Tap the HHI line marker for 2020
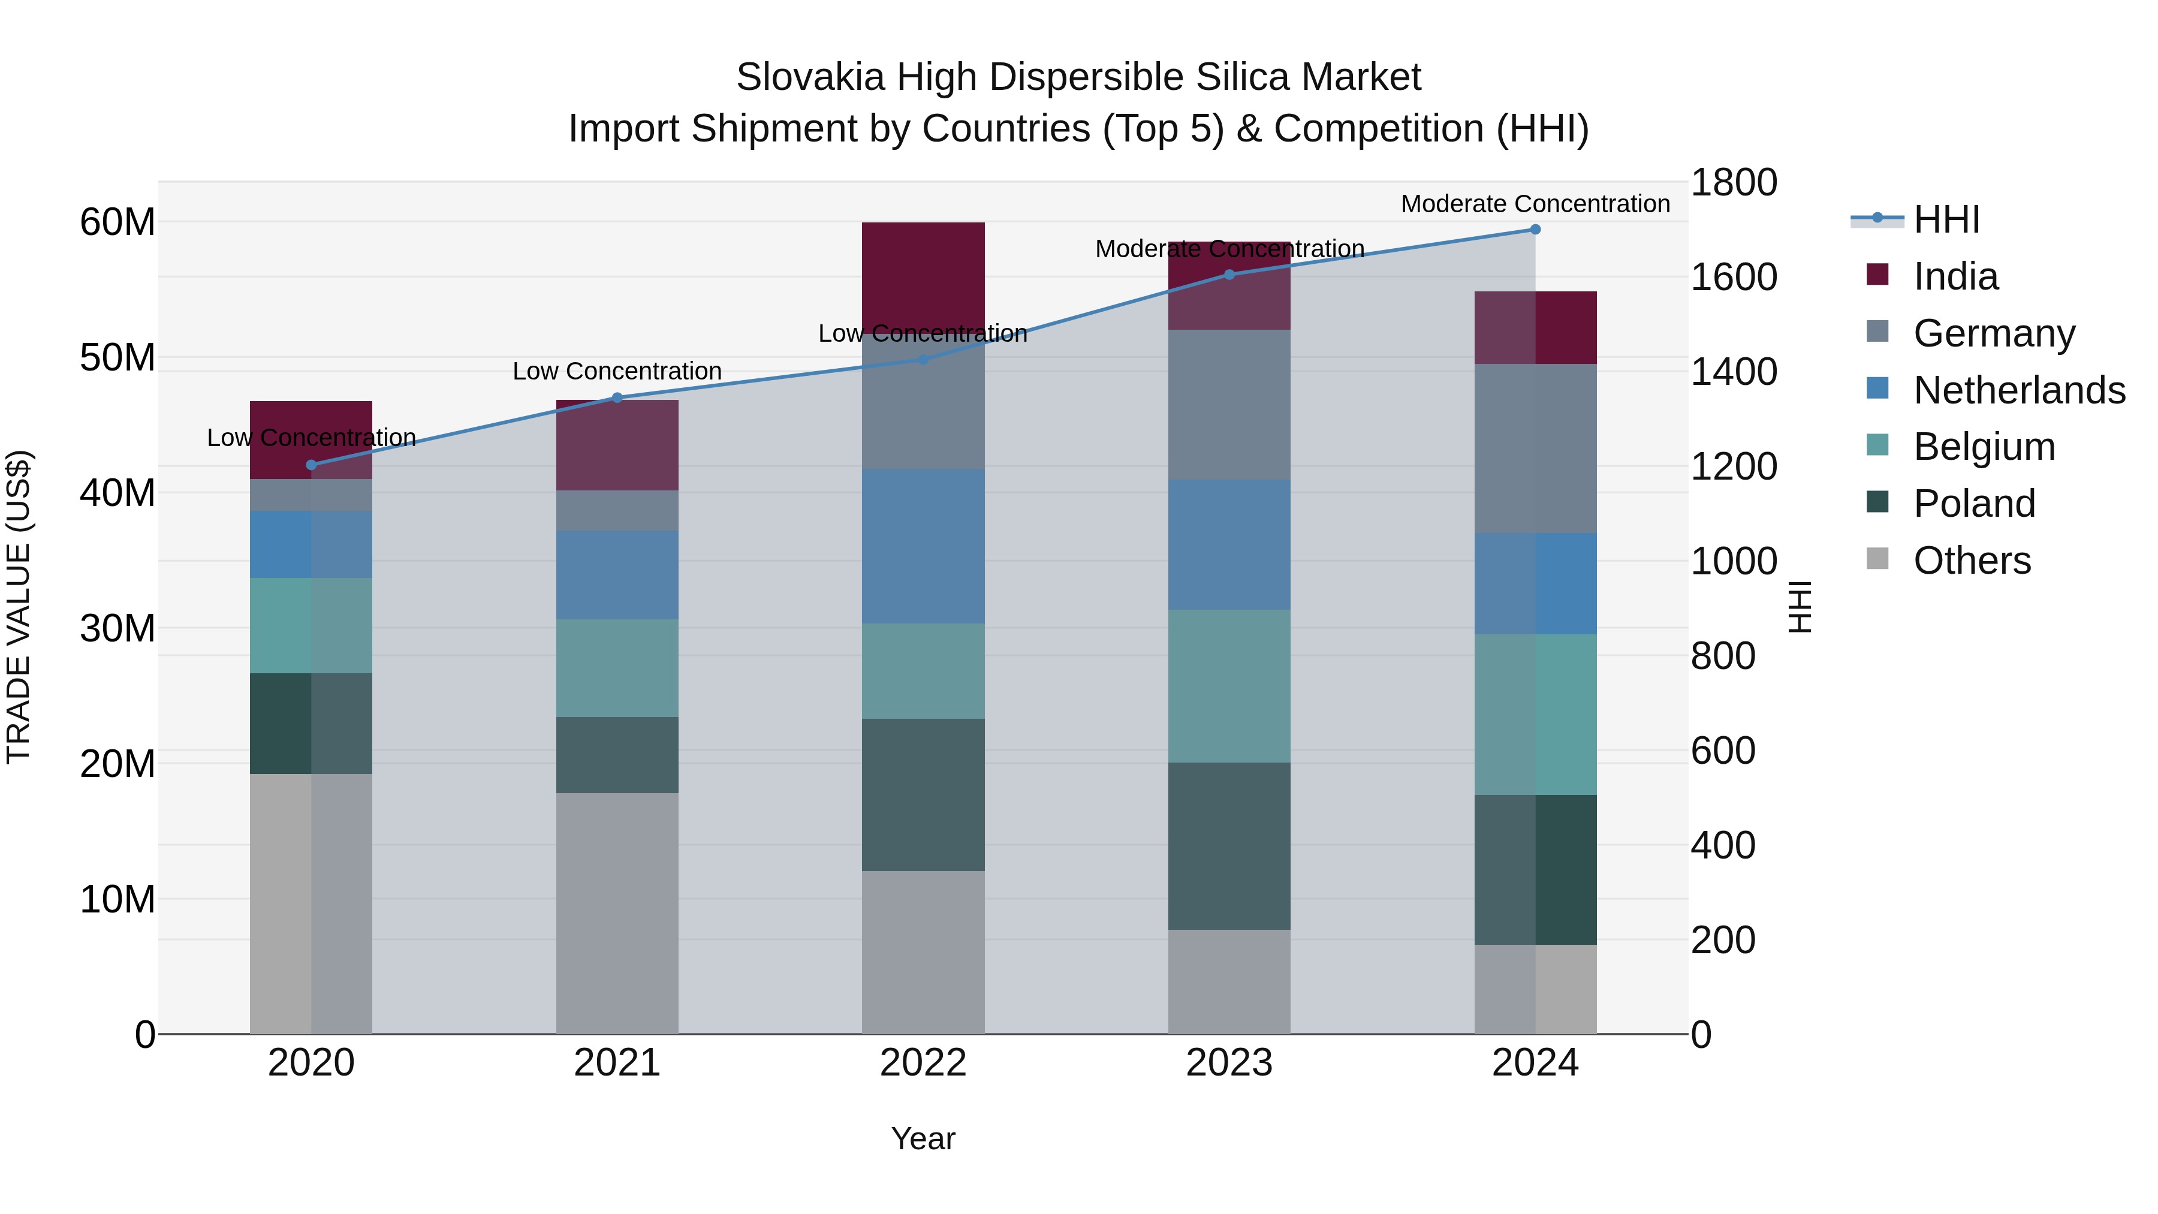[x=312, y=465]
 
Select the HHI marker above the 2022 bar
[x=923, y=360]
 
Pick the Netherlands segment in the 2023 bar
[x=1229, y=544]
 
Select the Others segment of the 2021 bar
[x=617, y=913]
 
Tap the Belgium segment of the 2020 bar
[x=312, y=626]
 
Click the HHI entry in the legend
[x=1946, y=219]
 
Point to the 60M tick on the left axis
[x=117, y=222]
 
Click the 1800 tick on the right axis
[x=1733, y=183]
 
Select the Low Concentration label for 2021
[x=617, y=371]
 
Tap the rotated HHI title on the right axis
[x=1798, y=607]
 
